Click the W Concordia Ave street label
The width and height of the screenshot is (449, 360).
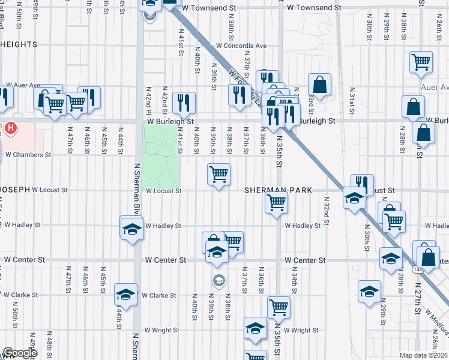pos(241,46)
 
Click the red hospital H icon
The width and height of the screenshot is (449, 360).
pos(10,128)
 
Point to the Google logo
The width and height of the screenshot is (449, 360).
pos(20,353)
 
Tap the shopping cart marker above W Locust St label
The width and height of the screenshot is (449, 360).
pos(218,174)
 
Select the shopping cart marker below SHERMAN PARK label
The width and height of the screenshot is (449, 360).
pos(276,203)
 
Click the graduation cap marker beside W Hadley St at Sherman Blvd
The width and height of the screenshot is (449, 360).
pos(131,229)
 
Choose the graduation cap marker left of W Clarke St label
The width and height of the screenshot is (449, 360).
pos(125,294)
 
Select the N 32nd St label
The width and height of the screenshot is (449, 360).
pos(327,211)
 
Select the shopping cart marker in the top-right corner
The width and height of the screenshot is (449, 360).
pos(421,61)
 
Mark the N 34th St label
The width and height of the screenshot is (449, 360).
pos(295,282)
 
